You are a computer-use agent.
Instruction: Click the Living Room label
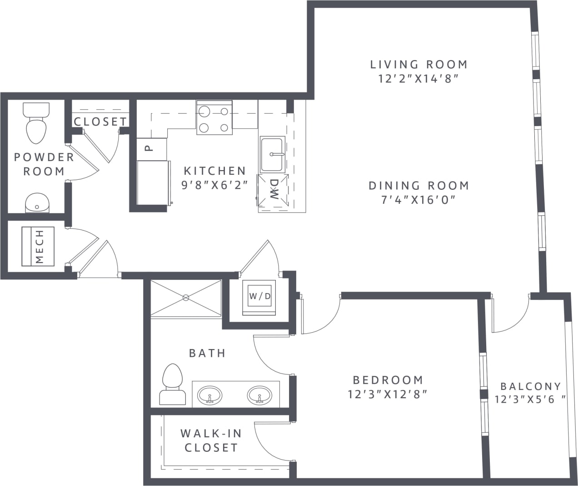[x=419, y=64]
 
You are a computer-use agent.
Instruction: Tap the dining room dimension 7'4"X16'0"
[x=419, y=200]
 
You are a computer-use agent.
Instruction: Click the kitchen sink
[x=272, y=154]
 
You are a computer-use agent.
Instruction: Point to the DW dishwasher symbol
[x=274, y=190]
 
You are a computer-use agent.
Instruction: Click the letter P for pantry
[x=149, y=148]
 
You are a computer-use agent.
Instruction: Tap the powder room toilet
[x=36, y=123]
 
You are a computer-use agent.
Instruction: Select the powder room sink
[x=37, y=202]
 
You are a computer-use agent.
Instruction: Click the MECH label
[x=40, y=246]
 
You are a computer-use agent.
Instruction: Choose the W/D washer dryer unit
[x=259, y=297]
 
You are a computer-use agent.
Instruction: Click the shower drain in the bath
[x=185, y=298]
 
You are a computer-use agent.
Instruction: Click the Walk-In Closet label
[x=211, y=440]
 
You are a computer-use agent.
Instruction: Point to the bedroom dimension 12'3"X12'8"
[x=388, y=394]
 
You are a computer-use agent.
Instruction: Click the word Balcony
[x=531, y=386]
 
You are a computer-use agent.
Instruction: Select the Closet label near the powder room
[x=100, y=121]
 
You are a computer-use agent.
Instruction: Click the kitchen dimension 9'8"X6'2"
[x=214, y=185]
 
